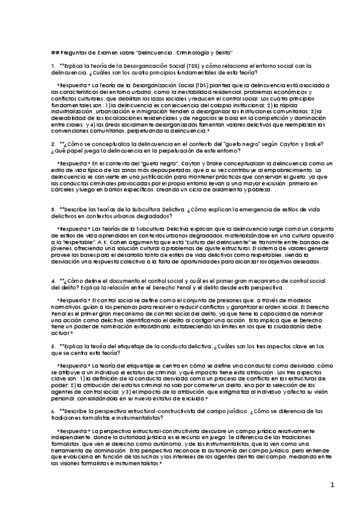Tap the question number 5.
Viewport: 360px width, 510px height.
coord(53,347)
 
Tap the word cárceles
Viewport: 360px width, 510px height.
coord(63,189)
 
